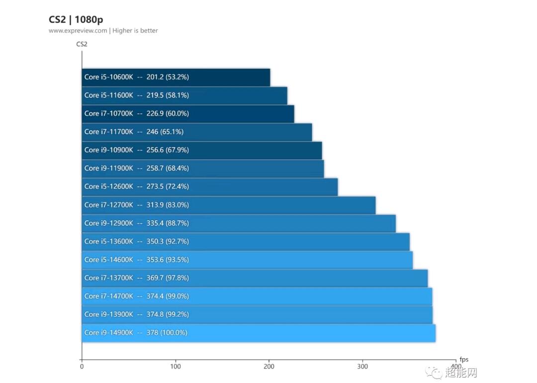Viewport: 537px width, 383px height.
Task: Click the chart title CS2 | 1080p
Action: pyautogui.click(x=76, y=19)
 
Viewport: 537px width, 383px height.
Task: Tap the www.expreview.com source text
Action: pyautogui.click(x=78, y=31)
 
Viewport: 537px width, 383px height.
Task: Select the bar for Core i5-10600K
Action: pyautogui.click(x=176, y=77)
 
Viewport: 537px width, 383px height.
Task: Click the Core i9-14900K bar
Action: pyautogui.click(x=259, y=333)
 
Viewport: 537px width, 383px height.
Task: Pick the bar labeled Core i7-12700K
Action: pyautogui.click(x=228, y=205)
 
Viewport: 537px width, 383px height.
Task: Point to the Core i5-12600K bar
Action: pyautogui.click(x=209, y=187)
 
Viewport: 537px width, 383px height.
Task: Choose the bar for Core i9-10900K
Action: pyautogui.click(x=201, y=150)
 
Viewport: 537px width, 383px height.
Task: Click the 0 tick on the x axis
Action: pyautogui.click(x=82, y=367)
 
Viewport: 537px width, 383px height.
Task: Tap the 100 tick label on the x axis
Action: pyautogui.click(x=175, y=367)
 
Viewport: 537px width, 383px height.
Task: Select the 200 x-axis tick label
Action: pyautogui.click(x=269, y=367)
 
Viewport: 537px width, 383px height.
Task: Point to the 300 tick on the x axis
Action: pyautogui.click(x=362, y=367)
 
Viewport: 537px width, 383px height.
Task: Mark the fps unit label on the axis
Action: pyautogui.click(x=463, y=360)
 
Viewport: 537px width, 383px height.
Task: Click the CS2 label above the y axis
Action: pyautogui.click(x=82, y=44)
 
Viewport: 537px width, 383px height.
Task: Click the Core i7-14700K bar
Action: pyautogui.click(x=257, y=296)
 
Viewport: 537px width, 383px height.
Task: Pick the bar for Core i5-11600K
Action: pyautogui.click(x=184, y=96)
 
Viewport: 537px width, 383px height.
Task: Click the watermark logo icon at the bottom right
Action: pyautogui.click(x=437, y=373)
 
